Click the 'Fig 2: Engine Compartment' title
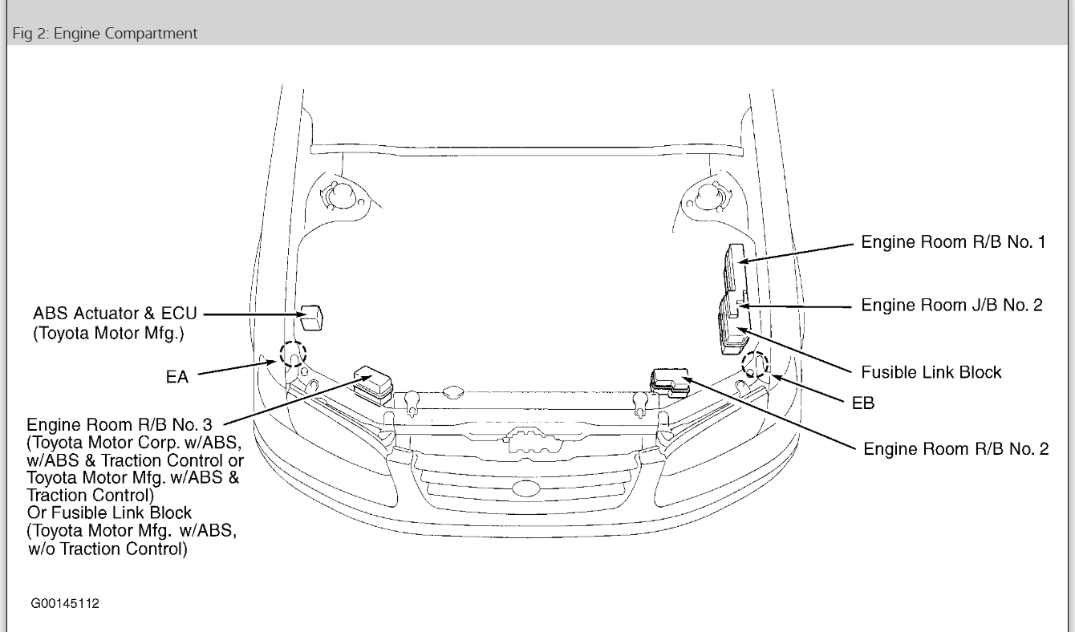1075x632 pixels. (x=104, y=33)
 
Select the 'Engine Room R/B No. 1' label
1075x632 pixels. (x=954, y=242)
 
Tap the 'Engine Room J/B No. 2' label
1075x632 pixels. (x=952, y=306)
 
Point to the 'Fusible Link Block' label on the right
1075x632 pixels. (x=931, y=372)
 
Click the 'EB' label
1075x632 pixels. (x=863, y=403)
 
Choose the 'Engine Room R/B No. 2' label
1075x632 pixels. (x=956, y=448)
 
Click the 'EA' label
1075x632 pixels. (x=177, y=377)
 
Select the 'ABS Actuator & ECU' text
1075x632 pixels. (x=116, y=314)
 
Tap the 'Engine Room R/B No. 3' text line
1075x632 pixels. (x=120, y=425)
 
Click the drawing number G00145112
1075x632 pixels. (x=65, y=603)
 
